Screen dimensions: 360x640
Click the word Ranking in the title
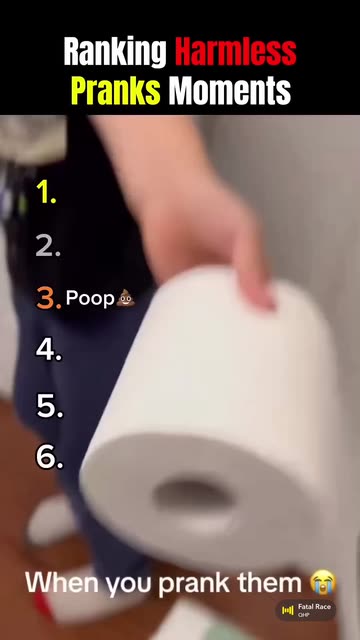coord(115,53)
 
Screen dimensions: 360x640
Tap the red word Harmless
coord(236,52)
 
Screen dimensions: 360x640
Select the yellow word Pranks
coord(116,91)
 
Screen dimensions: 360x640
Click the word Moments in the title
coord(230,91)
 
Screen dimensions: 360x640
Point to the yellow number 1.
coord(46,192)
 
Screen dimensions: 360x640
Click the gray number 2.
coord(48,246)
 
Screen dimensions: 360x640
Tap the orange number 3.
coord(49,298)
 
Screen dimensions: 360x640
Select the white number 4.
coord(49,350)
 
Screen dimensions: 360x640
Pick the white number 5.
coord(50,406)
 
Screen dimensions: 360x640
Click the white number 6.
coord(50,457)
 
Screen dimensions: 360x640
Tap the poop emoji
coord(125,298)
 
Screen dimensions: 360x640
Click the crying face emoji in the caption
coord(323,582)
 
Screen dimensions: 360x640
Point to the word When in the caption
coord(64,583)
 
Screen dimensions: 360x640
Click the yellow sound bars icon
coord(288,610)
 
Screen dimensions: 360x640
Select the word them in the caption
coord(270,583)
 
